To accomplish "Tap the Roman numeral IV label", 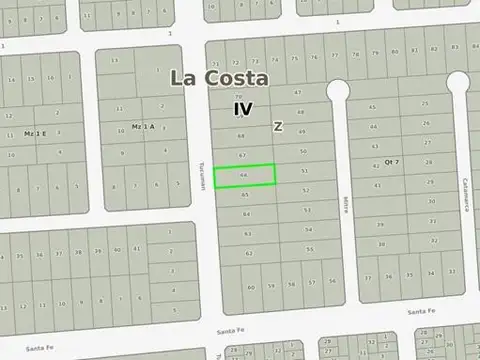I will click(243, 107).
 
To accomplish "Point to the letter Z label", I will click(278, 126).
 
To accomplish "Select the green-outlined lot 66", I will click(246, 174).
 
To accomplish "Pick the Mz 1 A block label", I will click(144, 126).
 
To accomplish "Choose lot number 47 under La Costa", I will click(299, 92).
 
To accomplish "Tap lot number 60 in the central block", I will click(250, 286).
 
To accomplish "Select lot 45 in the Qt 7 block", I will click(372, 106).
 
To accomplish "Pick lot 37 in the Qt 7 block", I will click(368, 277).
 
